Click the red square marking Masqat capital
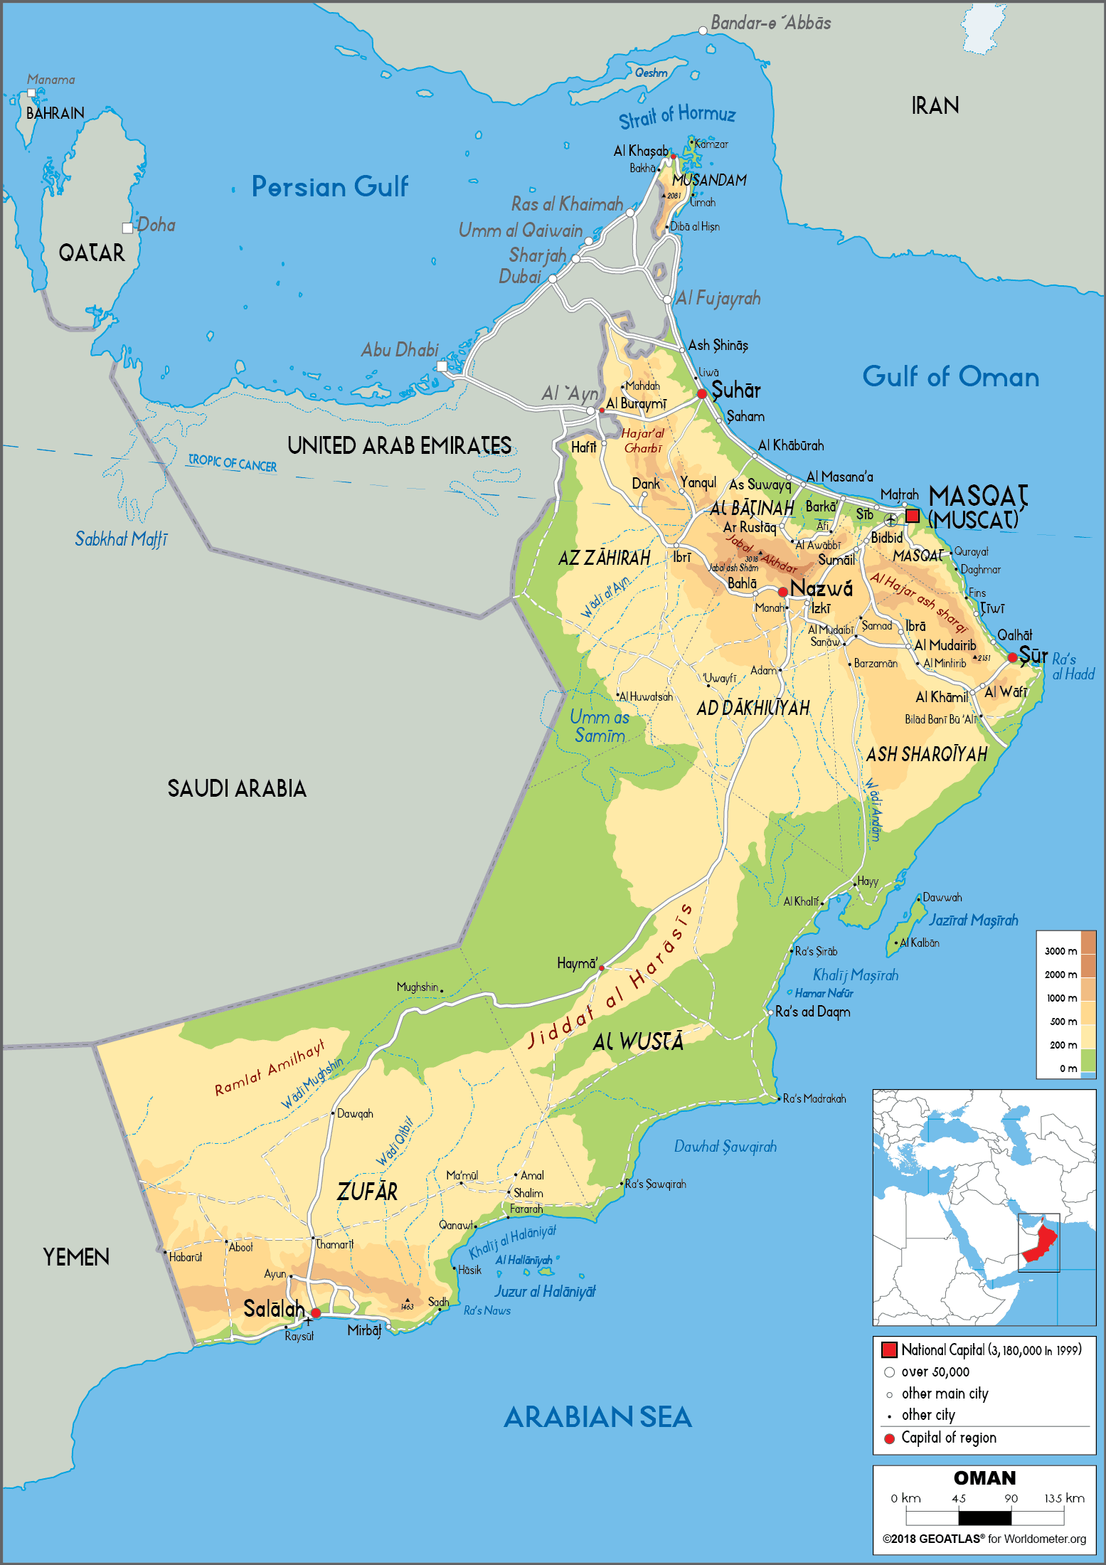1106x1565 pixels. tap(912, 516)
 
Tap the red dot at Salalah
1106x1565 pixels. tap(315, 1312)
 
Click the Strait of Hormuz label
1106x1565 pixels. tap(676, 116)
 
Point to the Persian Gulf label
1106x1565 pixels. tap(329, 186)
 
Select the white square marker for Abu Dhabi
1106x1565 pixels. tap(442, 366)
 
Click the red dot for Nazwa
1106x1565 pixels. tap(782, 592)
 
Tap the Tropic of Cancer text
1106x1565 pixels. tap(232, 463)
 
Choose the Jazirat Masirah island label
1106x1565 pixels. tap(973, 920)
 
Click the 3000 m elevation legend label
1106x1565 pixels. tap(1060, 951)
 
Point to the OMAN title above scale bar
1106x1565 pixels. tap(984, 1478)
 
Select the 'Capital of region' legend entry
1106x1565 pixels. tap(948, 1438)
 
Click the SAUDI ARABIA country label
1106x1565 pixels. tap(237, 788)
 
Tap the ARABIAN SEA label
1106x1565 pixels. tap(597, 1417)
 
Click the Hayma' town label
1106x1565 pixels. tap(577, 963)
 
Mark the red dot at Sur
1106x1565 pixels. tap(1012, 657)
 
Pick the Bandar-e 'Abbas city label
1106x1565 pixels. tap(770, 23)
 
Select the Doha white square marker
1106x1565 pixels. tap(127, 228)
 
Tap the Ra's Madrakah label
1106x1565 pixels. tap(814, 1098)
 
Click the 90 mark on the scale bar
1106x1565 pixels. tap(1011, 1498)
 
